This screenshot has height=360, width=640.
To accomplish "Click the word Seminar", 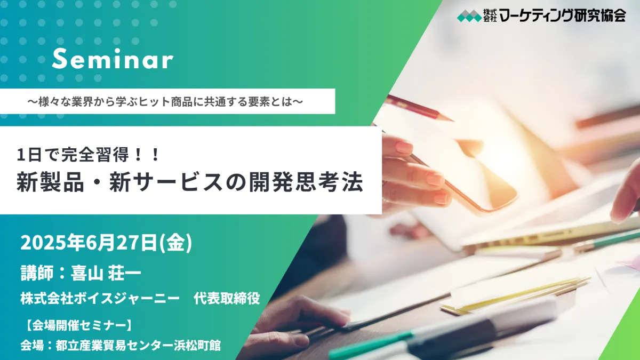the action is (113, 59).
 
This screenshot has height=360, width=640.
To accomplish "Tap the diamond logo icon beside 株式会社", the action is (469, 15).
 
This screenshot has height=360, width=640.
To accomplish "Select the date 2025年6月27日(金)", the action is (106, 243).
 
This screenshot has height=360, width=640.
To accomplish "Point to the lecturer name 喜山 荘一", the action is (106, 273).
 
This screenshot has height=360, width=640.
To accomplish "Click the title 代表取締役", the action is (227, 299).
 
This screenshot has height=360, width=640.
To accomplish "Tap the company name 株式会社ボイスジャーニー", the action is (100, 299).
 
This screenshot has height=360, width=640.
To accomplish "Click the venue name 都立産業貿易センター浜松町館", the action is (138, 346).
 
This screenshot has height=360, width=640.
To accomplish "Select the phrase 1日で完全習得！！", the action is (88, 155).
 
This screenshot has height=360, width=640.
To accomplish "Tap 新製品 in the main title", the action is (50, 182).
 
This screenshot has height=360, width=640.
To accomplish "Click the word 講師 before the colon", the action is (37, 273).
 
